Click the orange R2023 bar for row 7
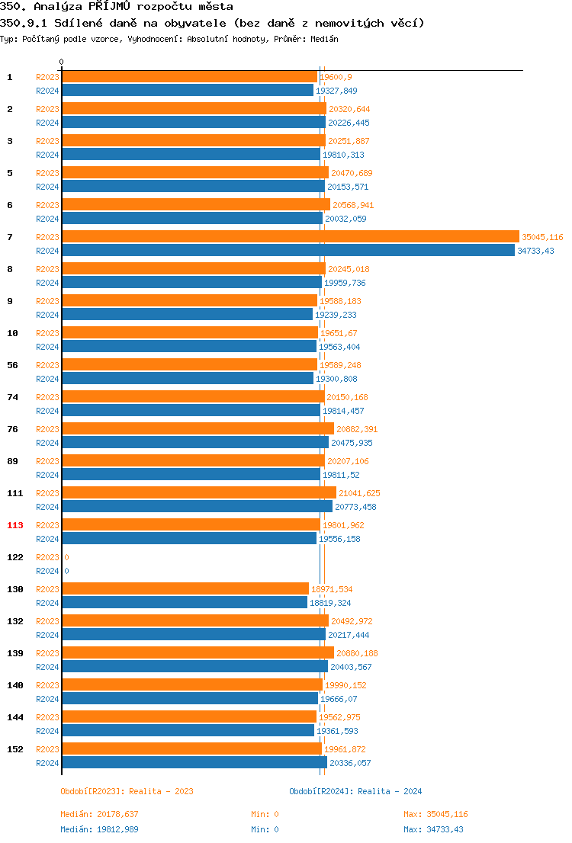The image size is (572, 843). pos(290,237)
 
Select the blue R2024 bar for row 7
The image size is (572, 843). pos(288,251)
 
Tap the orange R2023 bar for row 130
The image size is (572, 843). pos(185,589)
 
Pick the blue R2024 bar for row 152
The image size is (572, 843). pos(194,763)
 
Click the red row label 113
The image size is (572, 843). pos(15,525)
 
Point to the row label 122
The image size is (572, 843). pos(15,557)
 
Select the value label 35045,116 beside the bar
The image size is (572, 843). pos(542,237)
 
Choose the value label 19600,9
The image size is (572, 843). pos(336,77)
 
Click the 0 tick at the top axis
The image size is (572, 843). pos(62,62)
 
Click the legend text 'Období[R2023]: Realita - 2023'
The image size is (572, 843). pos(127,791)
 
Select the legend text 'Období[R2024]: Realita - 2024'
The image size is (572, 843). pos(355,791)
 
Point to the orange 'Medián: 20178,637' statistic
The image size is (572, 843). pos(99,814)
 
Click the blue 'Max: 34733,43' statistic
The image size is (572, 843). pos(433,829)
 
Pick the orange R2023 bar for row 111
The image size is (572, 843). pos(198,493)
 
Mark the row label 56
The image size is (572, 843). pos(13,365)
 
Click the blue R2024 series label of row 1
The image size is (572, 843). pos(47,91)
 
